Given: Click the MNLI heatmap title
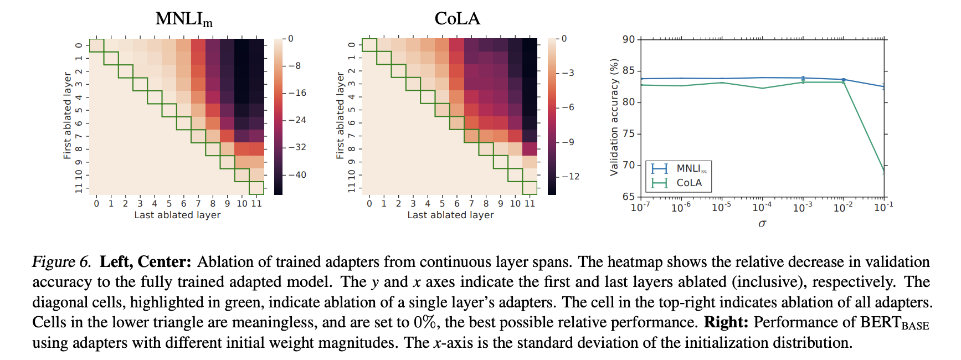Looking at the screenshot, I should coord(183,19).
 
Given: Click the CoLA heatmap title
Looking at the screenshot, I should coord(457,19).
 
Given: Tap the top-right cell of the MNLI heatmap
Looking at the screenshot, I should coord(256,45).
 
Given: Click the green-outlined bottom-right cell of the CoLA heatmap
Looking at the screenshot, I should coord(530,188).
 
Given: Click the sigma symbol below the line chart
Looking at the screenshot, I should coord(762,224).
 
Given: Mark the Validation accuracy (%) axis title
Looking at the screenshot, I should coord(614,117).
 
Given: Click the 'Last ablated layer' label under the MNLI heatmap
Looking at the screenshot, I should coord(177,215).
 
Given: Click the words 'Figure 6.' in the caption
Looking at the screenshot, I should coord(61,262).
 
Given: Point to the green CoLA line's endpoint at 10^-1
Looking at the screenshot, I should coord(884,172).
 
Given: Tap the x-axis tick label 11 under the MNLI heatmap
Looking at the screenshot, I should coord(256,203).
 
